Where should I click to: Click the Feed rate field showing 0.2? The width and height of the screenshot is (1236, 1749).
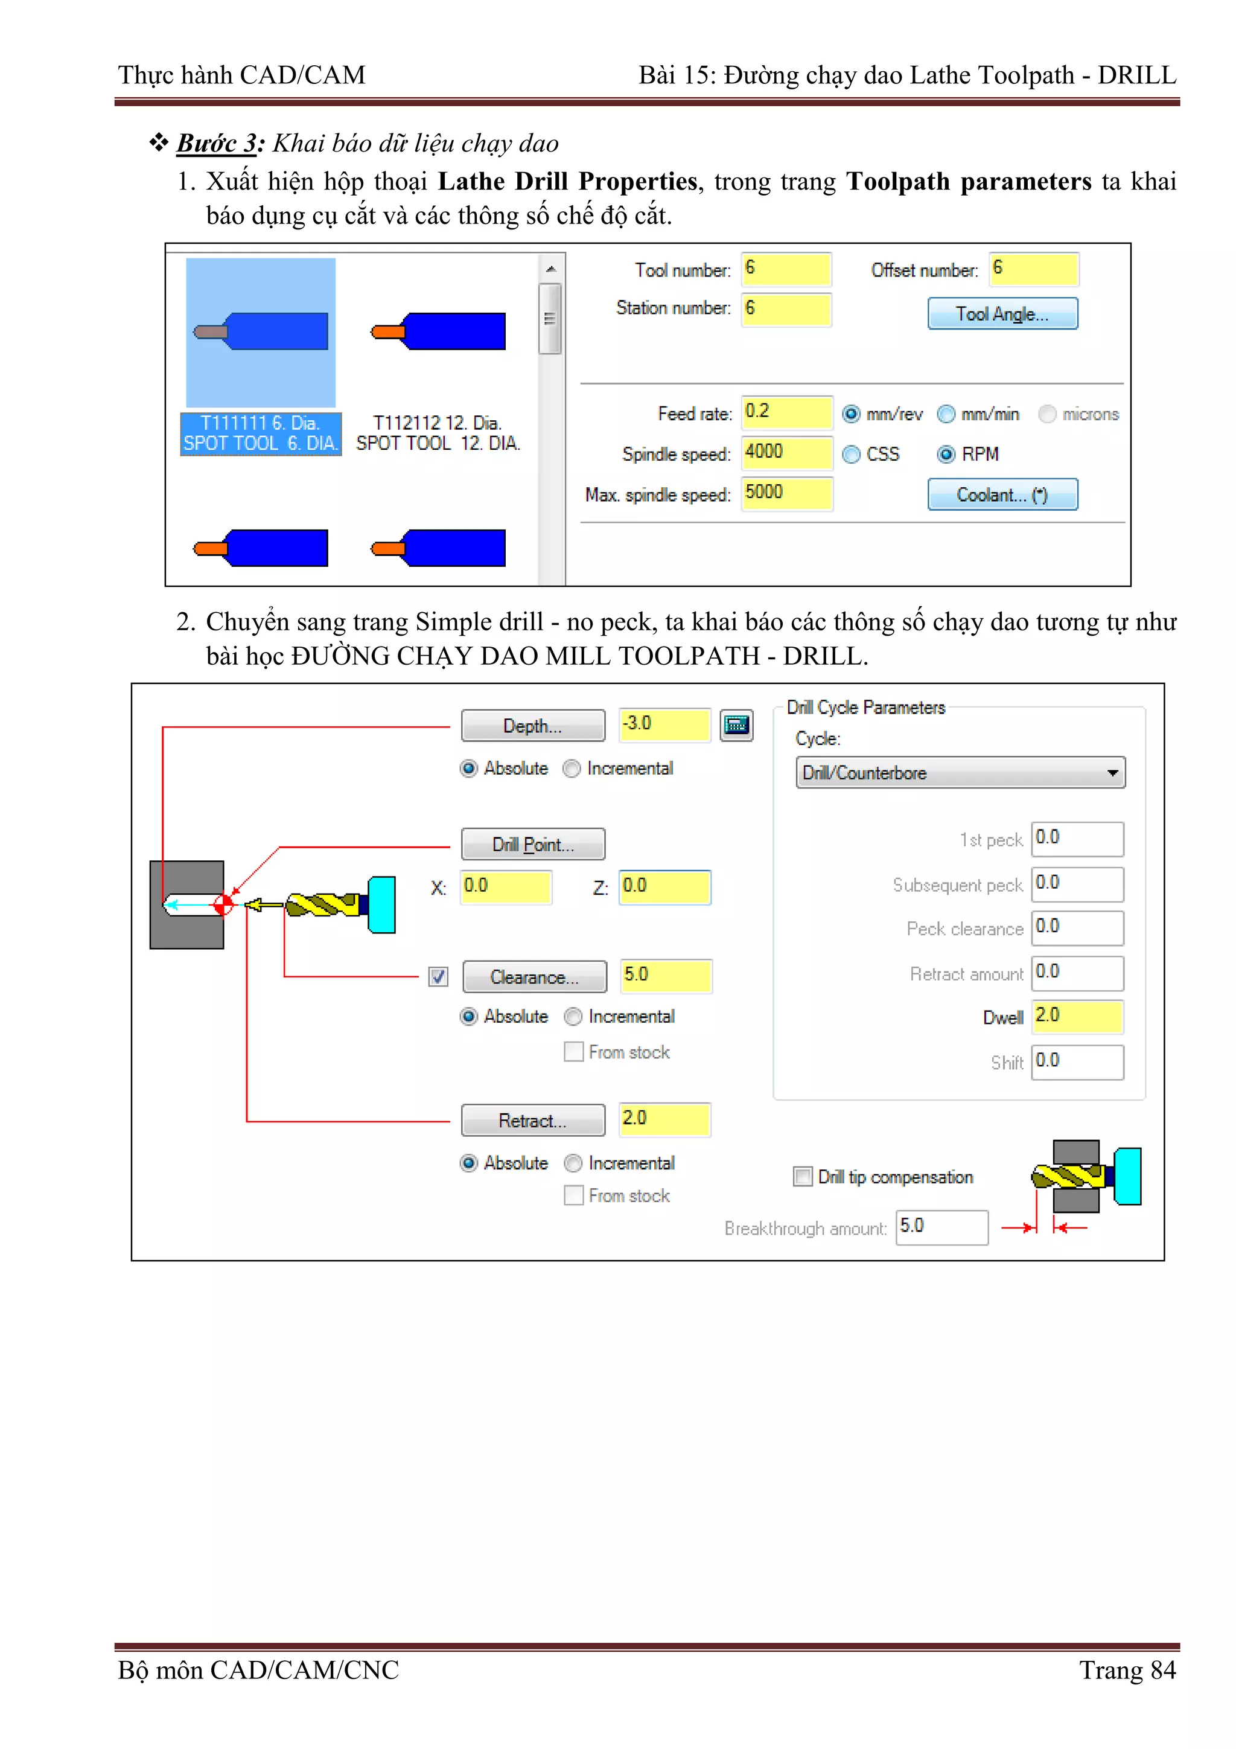pos(786,412)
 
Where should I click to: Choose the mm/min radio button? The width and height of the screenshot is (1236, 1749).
pos(946,414)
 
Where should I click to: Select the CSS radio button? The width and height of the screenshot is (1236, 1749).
pos(852,454)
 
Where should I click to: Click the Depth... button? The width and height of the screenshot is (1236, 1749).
pos(532,725)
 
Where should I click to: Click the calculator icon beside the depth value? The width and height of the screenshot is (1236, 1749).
pos(736,724)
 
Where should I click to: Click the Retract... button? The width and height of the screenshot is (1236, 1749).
pos(532,1120)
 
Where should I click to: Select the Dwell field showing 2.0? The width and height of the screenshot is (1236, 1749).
pos(1077,1016)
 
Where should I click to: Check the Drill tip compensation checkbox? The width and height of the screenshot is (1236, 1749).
pos(803,1176)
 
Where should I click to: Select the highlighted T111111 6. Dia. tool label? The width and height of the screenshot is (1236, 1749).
pos(261,433)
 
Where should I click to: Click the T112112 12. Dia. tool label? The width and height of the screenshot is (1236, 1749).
pos(438,433)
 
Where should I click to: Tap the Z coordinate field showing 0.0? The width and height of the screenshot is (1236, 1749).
pos(664,887)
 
